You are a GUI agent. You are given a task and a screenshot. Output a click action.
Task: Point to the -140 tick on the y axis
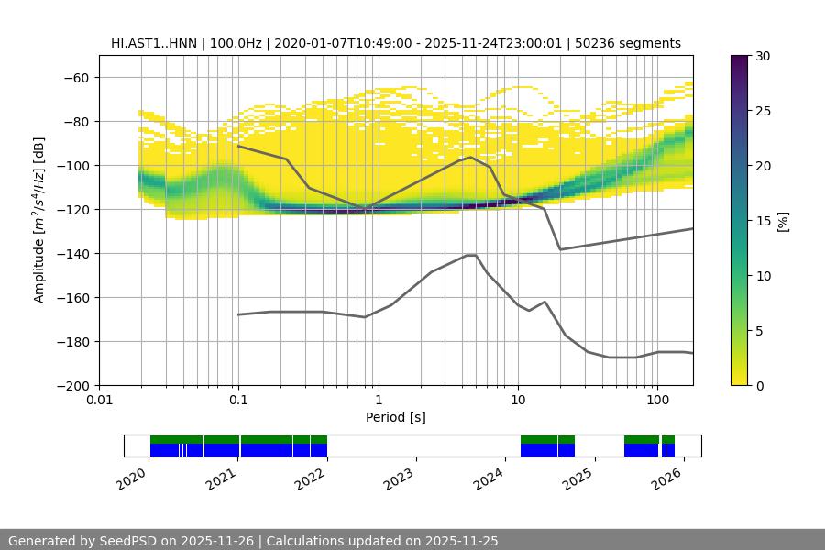pyautogui.click(x=75, y=253)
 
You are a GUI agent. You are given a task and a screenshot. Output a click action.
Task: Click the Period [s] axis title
pyautogui.click(x=396, y=417)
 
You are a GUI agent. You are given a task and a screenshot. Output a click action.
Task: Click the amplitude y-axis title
pyautogui.click(x=39, y=220)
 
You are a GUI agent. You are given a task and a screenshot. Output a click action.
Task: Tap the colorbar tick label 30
pyautogui.click(x=762, y=56)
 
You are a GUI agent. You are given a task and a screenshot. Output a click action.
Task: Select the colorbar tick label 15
pyautogui.click(x=762, y=221)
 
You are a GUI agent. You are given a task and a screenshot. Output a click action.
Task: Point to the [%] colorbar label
pyautogui.click(x=783, y=221)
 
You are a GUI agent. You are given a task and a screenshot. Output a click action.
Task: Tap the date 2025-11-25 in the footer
pyautogui.click(x=461, y=541)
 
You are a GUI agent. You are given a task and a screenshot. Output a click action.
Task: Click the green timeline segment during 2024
pyautogui.click(x=547, y=439)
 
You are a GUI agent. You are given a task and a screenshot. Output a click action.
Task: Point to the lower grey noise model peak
pyautogui.click(x=471, y=256)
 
